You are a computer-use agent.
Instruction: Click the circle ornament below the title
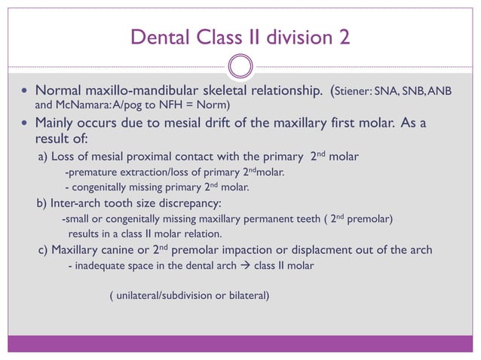click(x=240, y=66)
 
